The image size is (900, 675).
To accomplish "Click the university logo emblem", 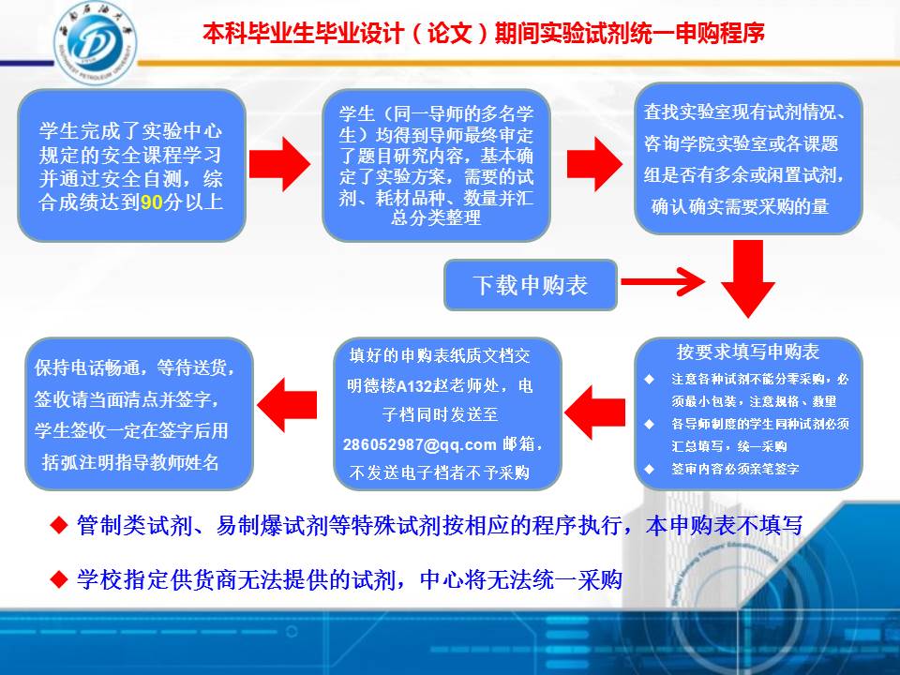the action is [x=96, y=43].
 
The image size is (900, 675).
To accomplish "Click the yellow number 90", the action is [x=152, y=202].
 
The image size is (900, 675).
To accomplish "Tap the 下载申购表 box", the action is [x=531, y=285].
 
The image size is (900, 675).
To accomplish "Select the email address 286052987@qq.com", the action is [x=419, y=444].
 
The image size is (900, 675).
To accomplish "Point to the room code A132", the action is [x=413, y=385].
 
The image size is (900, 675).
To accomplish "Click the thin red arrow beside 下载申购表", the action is [x=663, y=281].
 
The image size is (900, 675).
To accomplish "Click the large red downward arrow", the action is [x=748, y=279].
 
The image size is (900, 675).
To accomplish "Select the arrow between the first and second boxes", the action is [x=279, y=164].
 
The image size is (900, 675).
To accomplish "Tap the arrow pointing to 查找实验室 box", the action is [x=594, y=164].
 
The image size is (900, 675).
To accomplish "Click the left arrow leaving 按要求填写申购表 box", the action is [x=595, y=412].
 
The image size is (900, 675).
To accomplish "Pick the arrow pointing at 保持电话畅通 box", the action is [x=287, y=405].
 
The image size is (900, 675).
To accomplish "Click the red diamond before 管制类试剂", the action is [x=59, y=525].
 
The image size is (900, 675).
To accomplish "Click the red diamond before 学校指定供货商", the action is [x=59, y=579].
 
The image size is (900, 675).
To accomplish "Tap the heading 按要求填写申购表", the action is [x=747, y=352].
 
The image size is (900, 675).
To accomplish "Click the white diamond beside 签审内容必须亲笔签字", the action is [x=649, y=469].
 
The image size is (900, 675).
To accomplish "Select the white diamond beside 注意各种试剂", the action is [x=649, y=379].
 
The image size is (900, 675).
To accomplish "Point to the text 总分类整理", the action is [x=436, y=217].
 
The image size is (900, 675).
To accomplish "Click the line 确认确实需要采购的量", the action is [x=740, y=206].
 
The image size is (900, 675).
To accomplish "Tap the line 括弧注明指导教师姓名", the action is [x=131, y=462].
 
